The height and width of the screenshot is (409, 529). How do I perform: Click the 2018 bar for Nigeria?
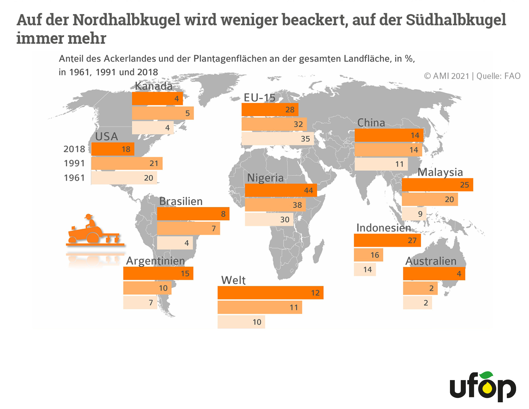coord(281,190)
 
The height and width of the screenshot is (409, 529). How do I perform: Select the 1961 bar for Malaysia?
coord(414,214)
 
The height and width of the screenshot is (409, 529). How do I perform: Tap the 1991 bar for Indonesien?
coord(368,255)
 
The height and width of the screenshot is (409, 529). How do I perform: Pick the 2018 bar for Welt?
coord(270,293)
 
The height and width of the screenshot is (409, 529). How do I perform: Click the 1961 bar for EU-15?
coord(277,139)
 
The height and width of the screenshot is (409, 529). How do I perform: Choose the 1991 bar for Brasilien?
coord(188,228)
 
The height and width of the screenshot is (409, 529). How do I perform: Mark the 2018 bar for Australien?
coord(434,273)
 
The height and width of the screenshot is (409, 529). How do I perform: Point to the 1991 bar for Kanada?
coord(163,113)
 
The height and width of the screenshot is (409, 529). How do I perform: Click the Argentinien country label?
coord(155,261)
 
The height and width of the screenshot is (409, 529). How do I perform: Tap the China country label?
coord(371,123)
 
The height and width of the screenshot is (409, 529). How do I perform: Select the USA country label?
coord(106,136)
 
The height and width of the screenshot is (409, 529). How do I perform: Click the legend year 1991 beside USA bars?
coord(74,163)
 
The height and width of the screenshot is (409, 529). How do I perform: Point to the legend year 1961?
coord(74,178)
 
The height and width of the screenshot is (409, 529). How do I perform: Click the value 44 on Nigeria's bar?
coord(308,191)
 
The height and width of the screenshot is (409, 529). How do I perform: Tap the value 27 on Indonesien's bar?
coord(412,240)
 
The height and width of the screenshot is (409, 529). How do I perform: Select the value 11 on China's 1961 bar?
coord(399,164)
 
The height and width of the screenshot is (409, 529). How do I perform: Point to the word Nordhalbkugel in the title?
coord(126,20)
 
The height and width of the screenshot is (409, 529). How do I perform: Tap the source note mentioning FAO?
coord(472,76)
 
